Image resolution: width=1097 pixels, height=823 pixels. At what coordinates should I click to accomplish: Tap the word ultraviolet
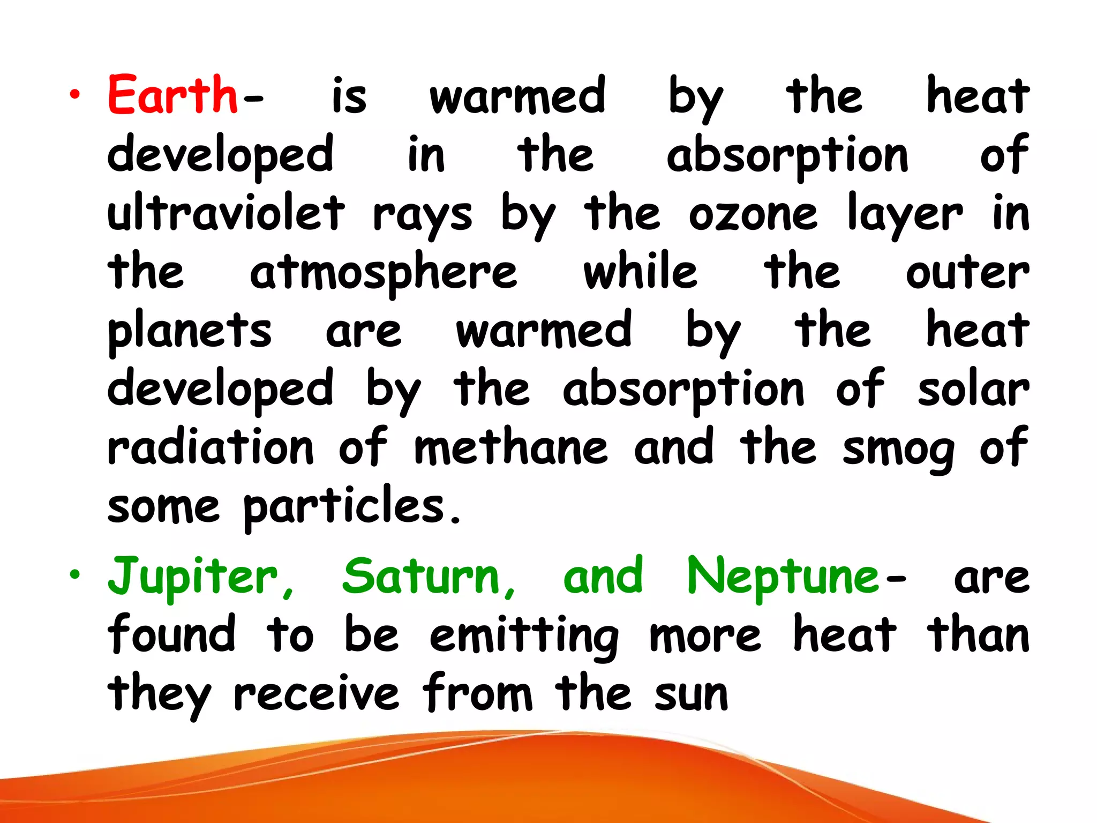[x=226, y=213]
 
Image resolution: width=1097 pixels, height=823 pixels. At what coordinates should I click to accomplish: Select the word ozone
[x=753, y=214]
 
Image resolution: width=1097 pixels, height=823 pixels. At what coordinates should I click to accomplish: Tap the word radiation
[x=211, y=447]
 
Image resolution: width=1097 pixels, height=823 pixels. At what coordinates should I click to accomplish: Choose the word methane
[x=511, y=447]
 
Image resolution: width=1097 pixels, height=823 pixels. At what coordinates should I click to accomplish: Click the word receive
[x=316, y=694]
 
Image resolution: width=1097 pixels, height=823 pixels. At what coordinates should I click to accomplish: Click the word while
[x=641, y=272]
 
